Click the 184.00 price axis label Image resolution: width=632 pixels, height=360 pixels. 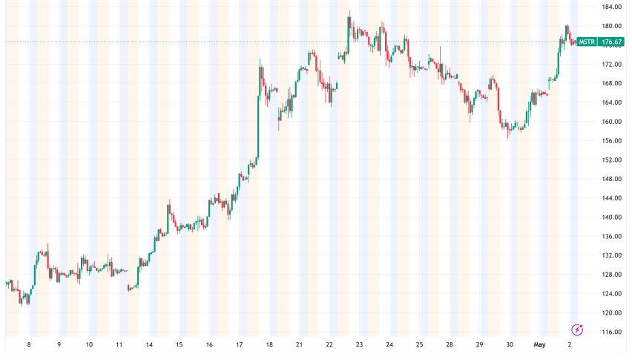(x=611, y=7)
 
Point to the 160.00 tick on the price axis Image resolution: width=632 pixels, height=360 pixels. (x=611, y=122)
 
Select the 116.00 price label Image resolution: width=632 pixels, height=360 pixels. (x=611, y=333)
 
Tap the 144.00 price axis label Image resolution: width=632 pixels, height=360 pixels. (x=611, y=198)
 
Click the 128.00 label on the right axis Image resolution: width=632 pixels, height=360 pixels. (x=611, y=275)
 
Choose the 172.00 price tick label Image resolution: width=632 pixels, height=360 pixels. (x=611, y=65)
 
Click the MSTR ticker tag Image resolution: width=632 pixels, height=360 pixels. (x=587, y=42)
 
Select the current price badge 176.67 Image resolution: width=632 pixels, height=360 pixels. (x=611, y=42)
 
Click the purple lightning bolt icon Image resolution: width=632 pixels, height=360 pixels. (x=577, y=330)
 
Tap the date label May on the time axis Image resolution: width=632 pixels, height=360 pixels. (x=539, y=344)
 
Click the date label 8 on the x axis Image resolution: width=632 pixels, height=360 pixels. (x=29, y=344)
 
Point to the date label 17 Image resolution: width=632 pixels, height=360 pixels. (x=240, y=344)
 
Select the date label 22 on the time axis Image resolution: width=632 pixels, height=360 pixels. (x=329, y=344)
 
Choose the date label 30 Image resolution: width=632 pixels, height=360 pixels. (x=510, y=344)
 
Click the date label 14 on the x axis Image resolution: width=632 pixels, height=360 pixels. (x=149, y=344)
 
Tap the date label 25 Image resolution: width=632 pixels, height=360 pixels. (x=419, y=344)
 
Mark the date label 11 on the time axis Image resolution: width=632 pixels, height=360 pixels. (x=119, y=344)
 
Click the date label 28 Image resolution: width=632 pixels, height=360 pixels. (x=450, y=344)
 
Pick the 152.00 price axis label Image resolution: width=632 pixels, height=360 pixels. (x=611, y=160)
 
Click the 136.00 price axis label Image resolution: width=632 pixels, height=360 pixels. (x=611, y=237)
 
